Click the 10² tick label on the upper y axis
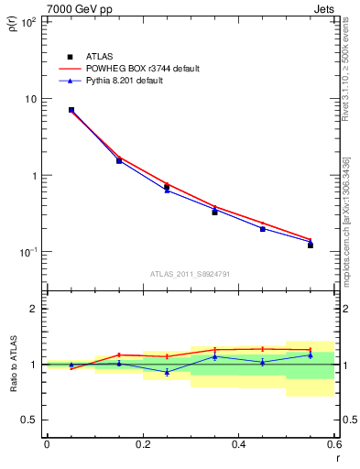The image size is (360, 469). tap(28, 22)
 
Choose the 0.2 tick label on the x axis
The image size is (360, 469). tap(142, 445)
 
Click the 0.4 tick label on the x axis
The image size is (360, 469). tap(238, 445)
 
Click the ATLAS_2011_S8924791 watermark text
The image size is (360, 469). tap(190, 273)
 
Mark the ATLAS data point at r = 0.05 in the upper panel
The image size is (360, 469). tap(71, 110)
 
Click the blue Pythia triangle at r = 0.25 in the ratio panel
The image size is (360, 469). tap(167, 372)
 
